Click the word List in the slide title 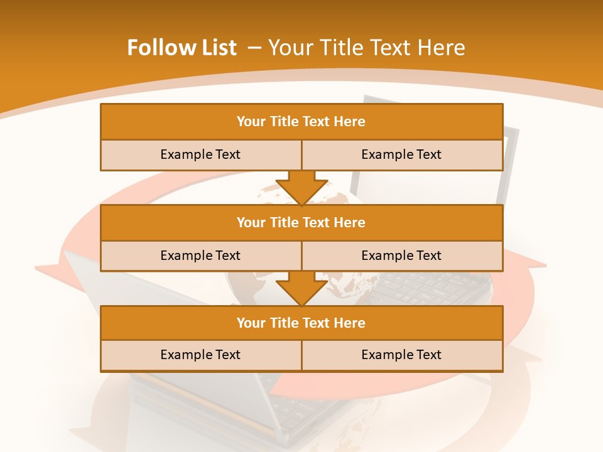217,48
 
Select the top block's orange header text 301,122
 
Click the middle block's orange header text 301,222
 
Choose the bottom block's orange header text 301,323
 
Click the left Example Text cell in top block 200,154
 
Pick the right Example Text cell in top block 401,154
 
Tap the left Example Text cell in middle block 200,256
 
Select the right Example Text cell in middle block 401,256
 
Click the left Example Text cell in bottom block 200,355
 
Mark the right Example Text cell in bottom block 401,355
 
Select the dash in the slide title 254,48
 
